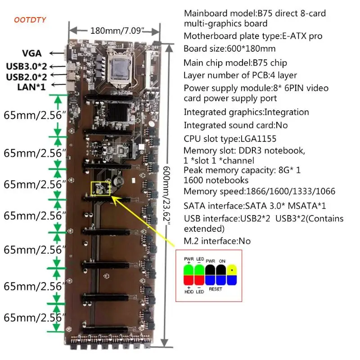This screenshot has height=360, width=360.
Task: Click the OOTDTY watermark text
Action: [30, 19]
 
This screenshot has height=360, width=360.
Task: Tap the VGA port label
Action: [34, 54]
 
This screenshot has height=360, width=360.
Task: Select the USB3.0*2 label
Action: [27, 66]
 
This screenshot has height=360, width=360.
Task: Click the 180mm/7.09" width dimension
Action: [114, 31]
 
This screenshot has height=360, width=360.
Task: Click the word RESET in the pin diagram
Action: [215, 289]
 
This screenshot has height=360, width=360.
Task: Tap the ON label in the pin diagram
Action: [222, 260]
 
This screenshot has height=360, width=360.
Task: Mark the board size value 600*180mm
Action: [255, 49]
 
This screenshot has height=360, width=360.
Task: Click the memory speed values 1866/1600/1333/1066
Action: [290, 191]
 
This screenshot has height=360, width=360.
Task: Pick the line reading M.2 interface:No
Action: [217, 241]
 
